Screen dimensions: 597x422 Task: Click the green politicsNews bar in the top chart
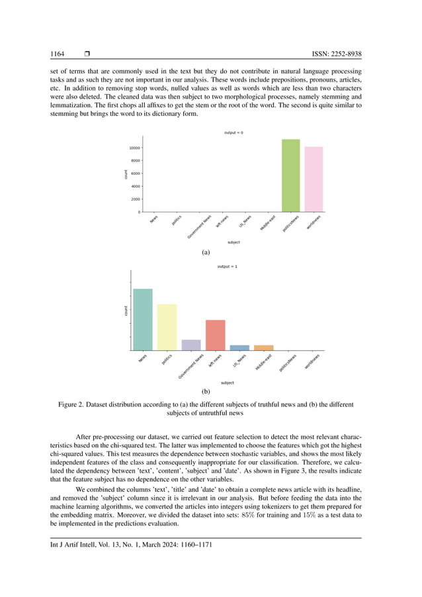click(290, 176)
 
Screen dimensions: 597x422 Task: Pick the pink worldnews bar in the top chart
click(314, 179)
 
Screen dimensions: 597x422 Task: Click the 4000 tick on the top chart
click(134, 186)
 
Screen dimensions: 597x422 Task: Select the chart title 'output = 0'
click(233, 132)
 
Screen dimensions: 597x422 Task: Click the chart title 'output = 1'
click(227, 266)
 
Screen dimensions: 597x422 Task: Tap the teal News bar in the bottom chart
click(143, 320)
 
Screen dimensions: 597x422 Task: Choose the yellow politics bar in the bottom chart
click(167, 327)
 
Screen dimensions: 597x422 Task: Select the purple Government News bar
click(191, 345)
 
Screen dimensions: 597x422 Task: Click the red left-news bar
click(216, 335)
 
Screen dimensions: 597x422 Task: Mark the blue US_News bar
click(239, 347)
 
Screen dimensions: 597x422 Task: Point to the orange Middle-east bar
click(263, 347)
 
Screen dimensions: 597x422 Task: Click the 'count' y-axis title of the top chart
click(126, 174)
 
